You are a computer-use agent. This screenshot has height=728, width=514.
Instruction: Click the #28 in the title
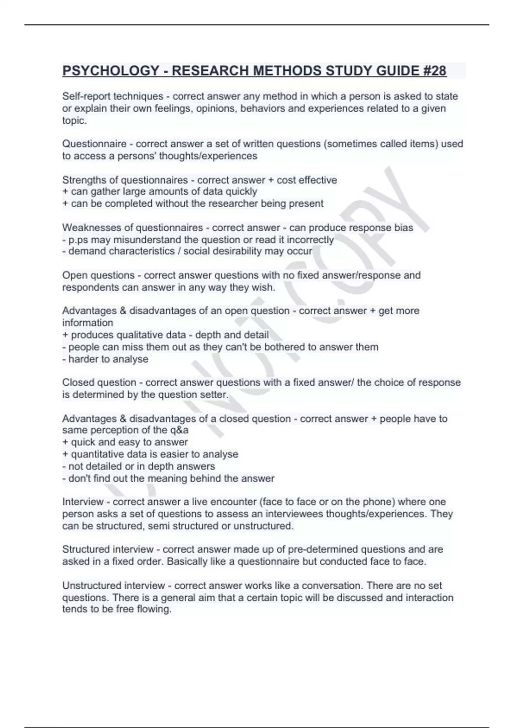(x=434, y=71)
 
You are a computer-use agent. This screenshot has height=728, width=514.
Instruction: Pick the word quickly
(x=241, y=191)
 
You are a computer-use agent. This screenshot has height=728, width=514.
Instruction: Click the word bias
(x=404, y=227)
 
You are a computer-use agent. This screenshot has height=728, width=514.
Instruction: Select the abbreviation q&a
(x=179, y=430)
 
